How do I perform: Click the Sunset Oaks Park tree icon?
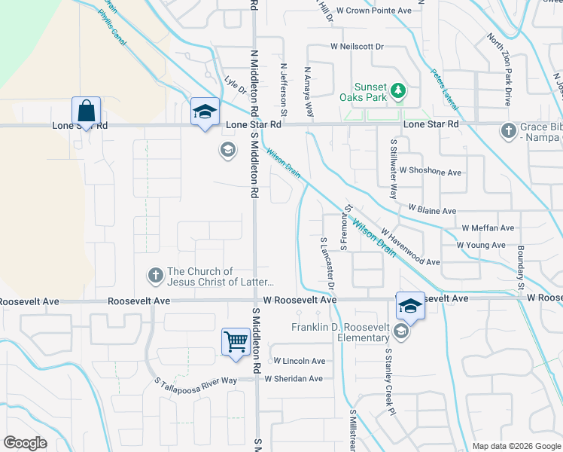399,91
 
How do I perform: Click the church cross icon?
155,276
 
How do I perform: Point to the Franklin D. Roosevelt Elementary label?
341,332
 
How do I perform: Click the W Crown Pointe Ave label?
374,11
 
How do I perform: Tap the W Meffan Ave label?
488,228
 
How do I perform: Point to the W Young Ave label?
481,245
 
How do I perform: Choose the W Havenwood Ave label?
410,248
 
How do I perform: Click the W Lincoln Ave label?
299,362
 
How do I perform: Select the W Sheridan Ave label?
294,379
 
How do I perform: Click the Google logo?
26,443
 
